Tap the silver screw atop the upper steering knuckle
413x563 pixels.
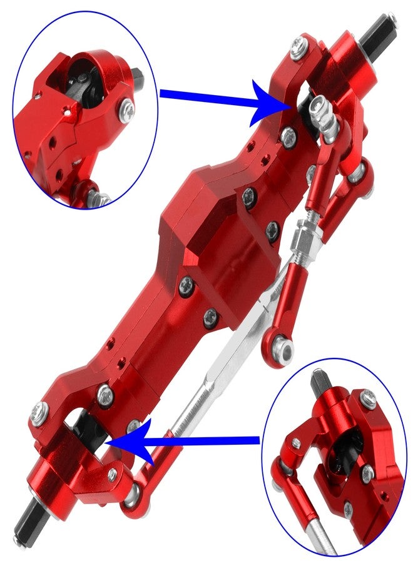pos(298,45)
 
